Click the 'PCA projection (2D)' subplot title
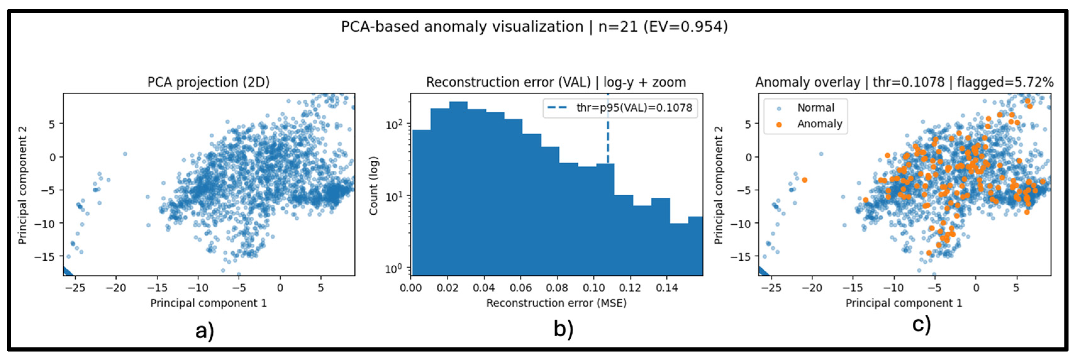208,82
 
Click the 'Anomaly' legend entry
819,124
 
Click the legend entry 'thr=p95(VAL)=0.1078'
633,108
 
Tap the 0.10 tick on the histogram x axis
593,288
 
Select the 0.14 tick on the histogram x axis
666,288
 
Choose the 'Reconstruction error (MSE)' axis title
556,303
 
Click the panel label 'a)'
204,330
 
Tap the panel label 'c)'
921,324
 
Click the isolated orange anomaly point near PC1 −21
804,180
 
